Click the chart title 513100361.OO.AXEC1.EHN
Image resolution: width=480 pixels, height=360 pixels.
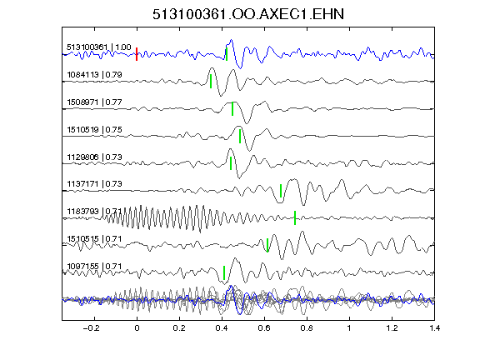pos(248,14)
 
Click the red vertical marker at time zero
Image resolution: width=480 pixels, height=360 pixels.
pos(137,54)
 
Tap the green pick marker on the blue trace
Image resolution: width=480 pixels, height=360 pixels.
pos(227,54)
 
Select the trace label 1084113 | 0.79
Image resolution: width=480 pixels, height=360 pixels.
pos(94,75)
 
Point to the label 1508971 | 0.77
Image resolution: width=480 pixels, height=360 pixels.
pos(94,102)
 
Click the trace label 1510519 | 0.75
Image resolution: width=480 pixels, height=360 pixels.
pos(94,129)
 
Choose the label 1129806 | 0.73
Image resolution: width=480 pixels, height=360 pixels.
pos(94,157)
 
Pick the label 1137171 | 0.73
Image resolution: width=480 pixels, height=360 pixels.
pos(94,183)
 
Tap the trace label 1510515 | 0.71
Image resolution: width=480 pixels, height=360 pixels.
pos(94,238)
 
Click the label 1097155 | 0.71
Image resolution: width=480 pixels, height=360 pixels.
pos(94,267)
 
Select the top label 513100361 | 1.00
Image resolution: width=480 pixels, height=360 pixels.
pos(99,47)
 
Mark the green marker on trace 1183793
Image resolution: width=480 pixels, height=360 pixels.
pos(295,217)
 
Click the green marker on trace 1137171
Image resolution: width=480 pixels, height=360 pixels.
pos(281,191)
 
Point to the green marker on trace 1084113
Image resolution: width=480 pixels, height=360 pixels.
pos(211,82)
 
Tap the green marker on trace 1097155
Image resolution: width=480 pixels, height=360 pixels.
pos(224,272)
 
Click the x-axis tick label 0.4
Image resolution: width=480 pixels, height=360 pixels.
pos(222,328)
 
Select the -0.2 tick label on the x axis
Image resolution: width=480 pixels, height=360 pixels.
pos(91,328)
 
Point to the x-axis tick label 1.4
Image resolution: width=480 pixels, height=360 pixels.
pos(434,328)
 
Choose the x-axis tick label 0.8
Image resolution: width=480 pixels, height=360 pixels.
pos(307,328)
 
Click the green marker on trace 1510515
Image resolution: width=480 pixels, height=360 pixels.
pos(267,245)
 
